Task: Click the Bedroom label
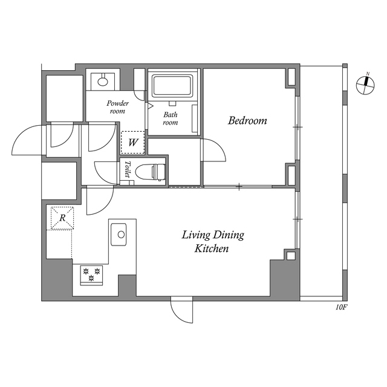point(247,121)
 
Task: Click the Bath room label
point(171,117)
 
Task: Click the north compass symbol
point(365,85)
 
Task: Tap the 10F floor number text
point(341,307)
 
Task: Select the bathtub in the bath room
point(172,85)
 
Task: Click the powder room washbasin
point(102,79)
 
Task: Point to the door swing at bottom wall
point(182,310)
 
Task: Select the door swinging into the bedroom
point(212,151)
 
